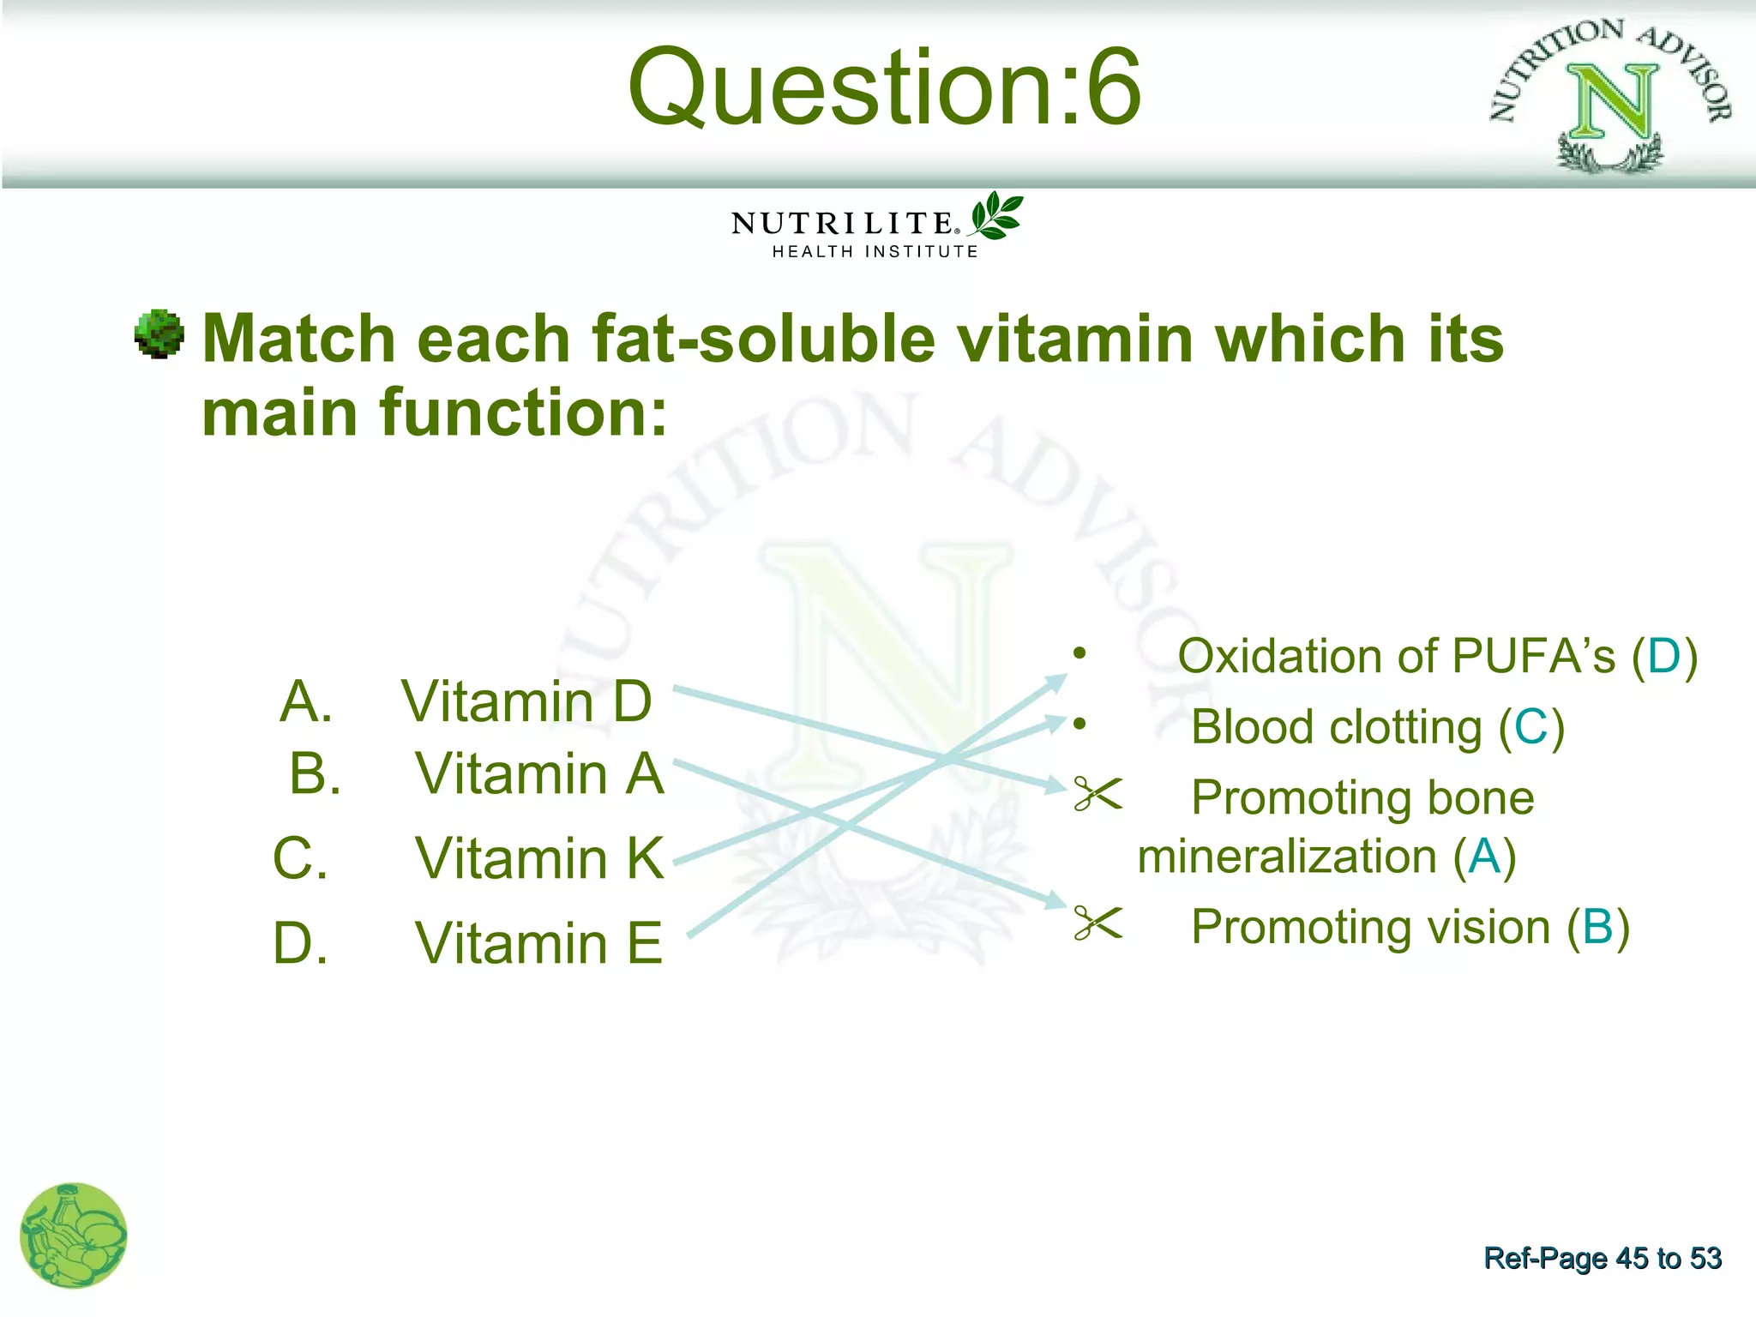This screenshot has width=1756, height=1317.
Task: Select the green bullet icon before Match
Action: [x=159, y=334]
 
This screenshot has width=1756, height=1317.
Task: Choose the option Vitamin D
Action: [x=526, y=702]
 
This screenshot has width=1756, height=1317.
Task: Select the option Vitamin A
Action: [x=539, y=774]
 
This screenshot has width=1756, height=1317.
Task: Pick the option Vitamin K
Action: [x=539, y=858]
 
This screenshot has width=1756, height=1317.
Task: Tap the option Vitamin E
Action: [x=539, y=943]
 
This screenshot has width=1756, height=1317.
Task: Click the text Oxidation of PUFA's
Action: [x=1396, y=657]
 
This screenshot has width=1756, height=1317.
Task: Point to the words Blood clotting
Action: [x=1336, y=728]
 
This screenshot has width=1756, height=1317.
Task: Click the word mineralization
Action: [x=1286, y=857]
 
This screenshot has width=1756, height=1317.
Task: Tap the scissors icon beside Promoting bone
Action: [x=1097, y=794]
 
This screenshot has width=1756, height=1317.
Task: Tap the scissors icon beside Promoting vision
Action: [x=1097, y=923]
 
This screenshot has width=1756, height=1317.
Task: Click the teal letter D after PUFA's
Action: [x=1664, y=657]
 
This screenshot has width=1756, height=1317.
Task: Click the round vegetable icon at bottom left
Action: [x=74, y=1236]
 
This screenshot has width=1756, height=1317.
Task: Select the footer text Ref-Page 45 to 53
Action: [x=1602, y=1258]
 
